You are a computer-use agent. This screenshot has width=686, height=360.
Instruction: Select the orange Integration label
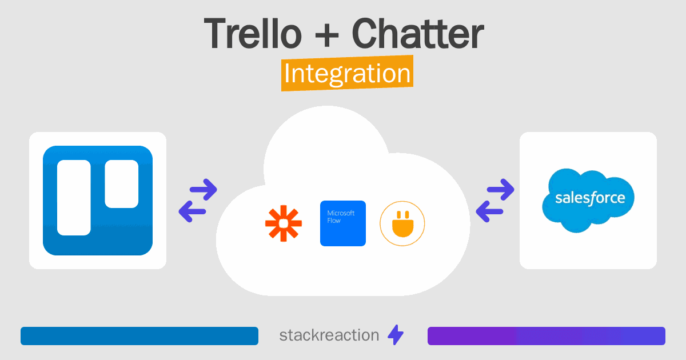(x=347, y=74)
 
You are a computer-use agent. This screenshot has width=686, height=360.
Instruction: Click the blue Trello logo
(x=98, y=201)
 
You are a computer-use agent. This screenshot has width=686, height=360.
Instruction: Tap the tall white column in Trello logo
(x=74, y=198)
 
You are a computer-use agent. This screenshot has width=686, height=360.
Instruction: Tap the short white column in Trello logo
(x=122, y=183)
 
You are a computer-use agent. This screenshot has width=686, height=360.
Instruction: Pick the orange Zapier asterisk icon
(x=284, y=223)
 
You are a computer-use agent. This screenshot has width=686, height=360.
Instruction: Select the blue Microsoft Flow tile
(x=343, y=223)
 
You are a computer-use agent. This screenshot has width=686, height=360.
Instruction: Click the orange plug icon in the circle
(x=402, y=223)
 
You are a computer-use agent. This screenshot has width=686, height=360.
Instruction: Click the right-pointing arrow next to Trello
(x=203, y=189)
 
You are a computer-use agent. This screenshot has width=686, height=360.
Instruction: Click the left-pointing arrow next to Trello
(x=193, y=212)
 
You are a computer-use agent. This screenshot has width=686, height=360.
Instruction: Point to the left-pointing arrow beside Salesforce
(x=489, y=212)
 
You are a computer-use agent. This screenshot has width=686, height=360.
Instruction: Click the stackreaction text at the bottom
(x=329, y=335)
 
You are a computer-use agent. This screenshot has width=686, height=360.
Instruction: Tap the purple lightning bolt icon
(x=396, y=335)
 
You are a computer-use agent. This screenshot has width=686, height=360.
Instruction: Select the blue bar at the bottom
(x=139, y=336)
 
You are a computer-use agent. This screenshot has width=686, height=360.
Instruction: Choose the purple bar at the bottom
(x=547, y=336)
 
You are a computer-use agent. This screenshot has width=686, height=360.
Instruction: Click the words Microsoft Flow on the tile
(x=341, y=217)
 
